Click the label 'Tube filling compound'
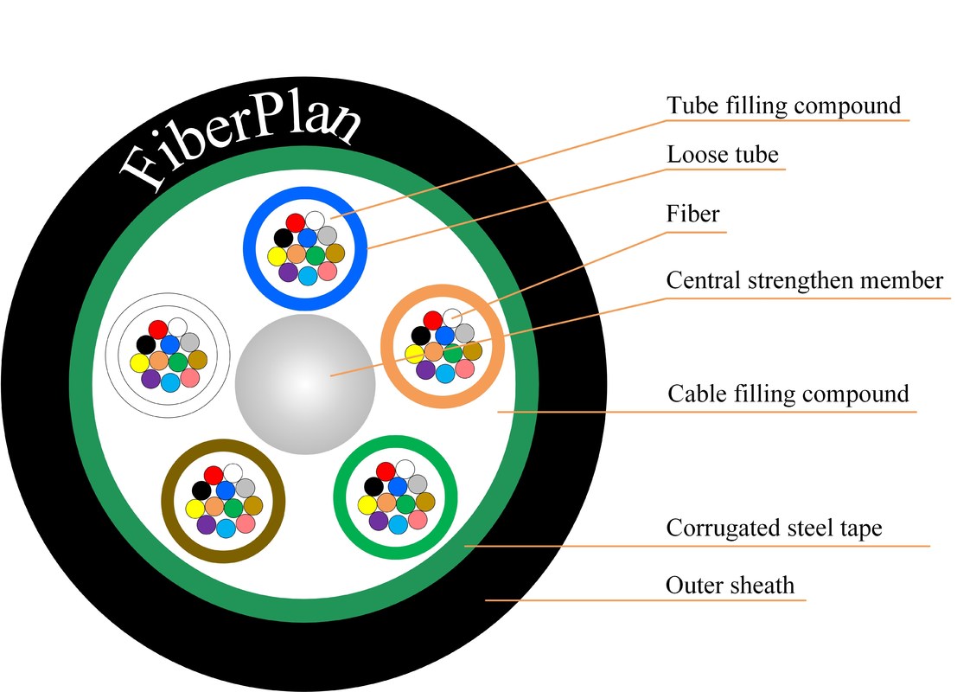[x=783, y=106]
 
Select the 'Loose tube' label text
[x=723, y=156]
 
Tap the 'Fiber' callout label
[x=692, y=214]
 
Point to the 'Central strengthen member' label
[x=804, y=281]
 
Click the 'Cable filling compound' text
[x=788, y=394]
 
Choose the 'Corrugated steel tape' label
[x=774, y=529]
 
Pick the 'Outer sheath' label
[x=730, y=586]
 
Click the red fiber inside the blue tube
[x=296, y=221]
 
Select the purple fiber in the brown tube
[x=206, y=523]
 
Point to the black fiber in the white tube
[x=145, y=344]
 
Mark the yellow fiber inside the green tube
[x=365, y=504]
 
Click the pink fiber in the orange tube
[x=465, y=369]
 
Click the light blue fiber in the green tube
[x=399, y=524]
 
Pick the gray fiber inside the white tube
[x=190, y=342]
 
